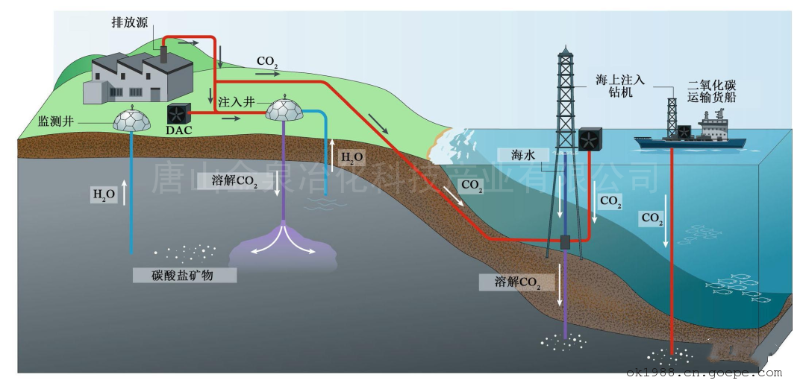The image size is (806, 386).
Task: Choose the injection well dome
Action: point(285,110)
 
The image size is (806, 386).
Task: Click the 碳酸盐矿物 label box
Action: point(184,275)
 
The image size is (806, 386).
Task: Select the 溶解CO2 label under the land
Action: point(237,180)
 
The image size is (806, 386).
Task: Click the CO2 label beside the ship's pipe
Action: point(651,219)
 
